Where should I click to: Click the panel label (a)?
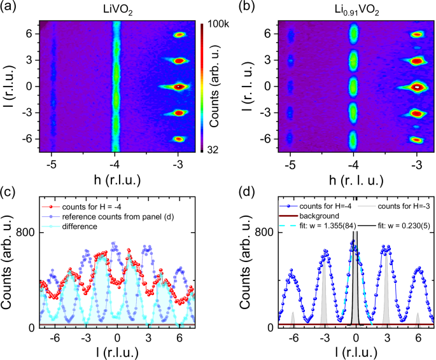tap(11, 8)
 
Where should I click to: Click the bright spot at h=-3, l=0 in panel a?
tap(179, 86)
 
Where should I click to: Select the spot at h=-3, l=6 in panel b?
tap(417, 35)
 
